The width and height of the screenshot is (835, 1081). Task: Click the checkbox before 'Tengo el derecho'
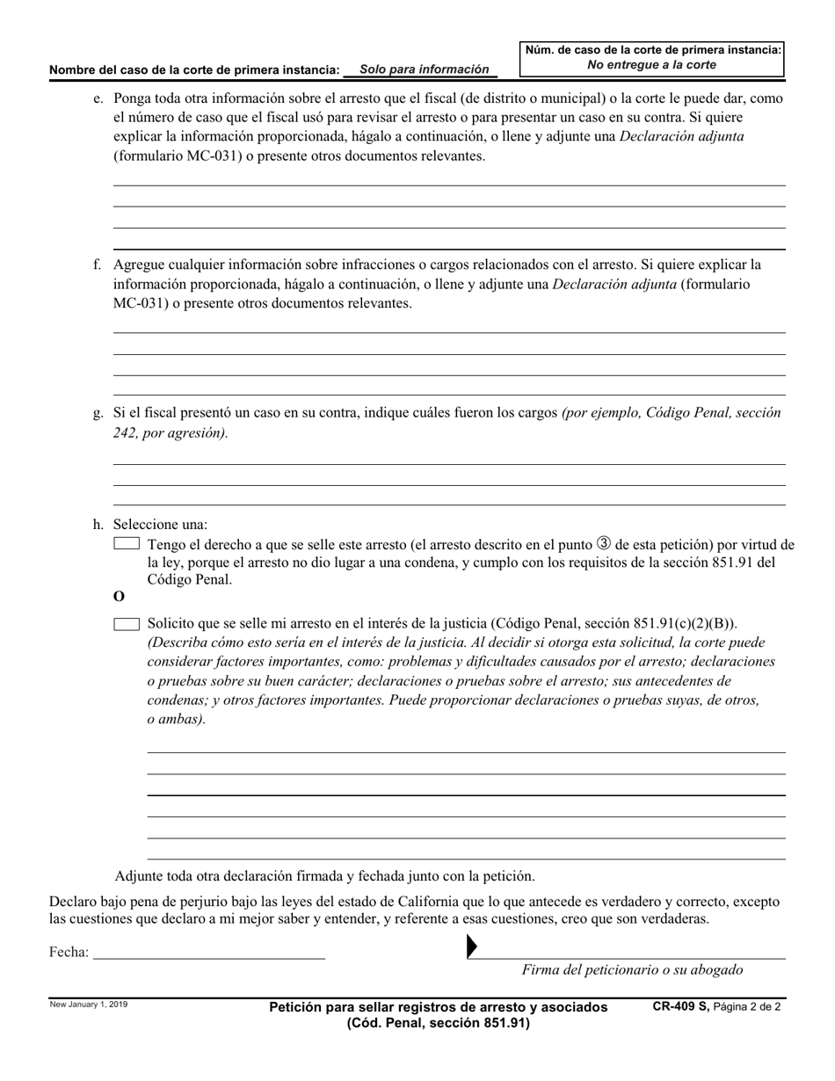pos(127,544)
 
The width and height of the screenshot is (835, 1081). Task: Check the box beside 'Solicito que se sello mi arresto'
pos(127,624)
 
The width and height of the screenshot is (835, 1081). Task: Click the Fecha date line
pos(208,951)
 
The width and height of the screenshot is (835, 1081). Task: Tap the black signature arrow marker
pos(471,947)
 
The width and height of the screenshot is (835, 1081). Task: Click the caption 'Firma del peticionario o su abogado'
pos(632,970)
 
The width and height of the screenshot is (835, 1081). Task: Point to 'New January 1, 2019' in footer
pos(88,1005)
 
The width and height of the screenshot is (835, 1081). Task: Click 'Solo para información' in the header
pos(430,69)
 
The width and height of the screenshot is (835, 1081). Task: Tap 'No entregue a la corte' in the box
pos(651,65)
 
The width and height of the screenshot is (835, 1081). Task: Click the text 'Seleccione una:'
pos(161,524)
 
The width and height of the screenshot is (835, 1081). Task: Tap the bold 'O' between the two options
pos(120,597)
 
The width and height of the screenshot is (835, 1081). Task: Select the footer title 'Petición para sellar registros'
pos(438,1007)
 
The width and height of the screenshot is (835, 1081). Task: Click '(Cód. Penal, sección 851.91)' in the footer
pos(438,1023)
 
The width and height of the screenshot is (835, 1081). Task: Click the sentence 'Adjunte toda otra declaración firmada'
pos(324,876)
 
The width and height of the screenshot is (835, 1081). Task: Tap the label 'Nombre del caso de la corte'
pos(194,69)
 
